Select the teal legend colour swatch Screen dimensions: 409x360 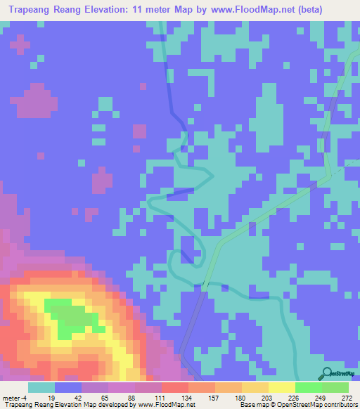(41, 387)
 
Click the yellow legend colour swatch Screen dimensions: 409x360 (281, 387)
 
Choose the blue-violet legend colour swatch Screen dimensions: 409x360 (67, 387)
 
